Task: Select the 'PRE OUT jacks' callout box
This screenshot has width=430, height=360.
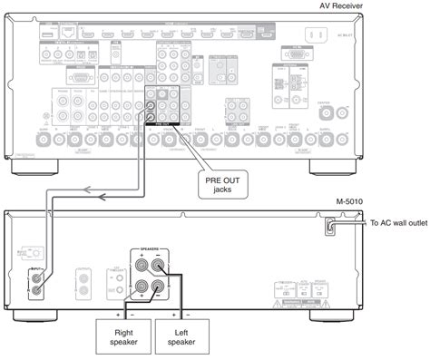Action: [222, 185]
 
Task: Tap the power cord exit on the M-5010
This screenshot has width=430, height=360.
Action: [333, 223]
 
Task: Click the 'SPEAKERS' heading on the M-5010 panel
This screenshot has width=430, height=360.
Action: [151, 247]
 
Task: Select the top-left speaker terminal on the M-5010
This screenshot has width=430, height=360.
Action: [142, 265]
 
